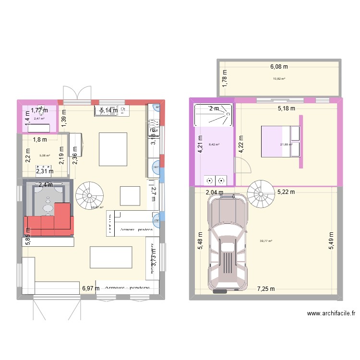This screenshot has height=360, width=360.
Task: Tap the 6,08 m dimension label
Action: click(x=278, y=67)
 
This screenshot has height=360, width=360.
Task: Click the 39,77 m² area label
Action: click(x=266, y=241)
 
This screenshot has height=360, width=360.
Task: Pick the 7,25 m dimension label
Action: click(x=266, y=289)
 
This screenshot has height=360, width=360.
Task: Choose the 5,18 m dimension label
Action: click(x=287, y=109)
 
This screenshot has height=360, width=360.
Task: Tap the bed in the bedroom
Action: click(x=280, y=141)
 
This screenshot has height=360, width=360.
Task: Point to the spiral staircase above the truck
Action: click(x=261, y=194)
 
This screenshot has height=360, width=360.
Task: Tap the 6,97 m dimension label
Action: click(x=91, y=288)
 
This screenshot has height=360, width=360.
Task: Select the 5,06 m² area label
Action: click(x=45, y=156)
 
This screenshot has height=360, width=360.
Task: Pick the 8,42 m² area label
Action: click(x=214, y=144)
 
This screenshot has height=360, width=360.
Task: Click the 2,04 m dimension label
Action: click(x=214, y=192)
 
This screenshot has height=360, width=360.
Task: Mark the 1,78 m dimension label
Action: click(x=225, y=78)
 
